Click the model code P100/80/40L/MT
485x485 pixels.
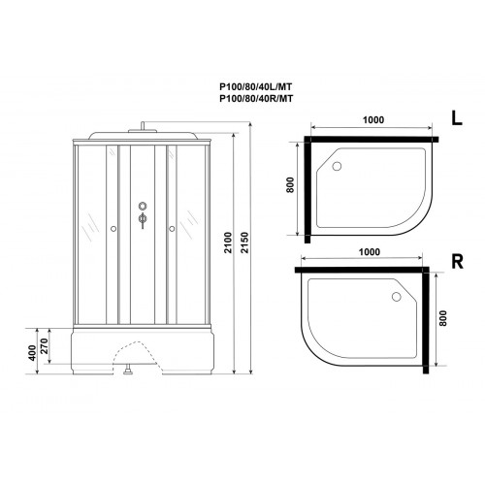[x=256, y=86]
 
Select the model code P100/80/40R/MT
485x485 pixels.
[x=256, y=99]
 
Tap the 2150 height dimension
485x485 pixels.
[x=244, y=242]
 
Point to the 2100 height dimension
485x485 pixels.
[x=228, y=242]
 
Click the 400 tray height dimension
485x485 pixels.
[x=32, y=353]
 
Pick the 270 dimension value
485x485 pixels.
[x=45, y=345]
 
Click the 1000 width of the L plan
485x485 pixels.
[x=373, y=120]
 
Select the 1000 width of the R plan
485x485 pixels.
[x=370, y=252]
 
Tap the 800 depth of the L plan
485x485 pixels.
[x=290, y=185]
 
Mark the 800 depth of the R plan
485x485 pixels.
[x=442, y=318]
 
